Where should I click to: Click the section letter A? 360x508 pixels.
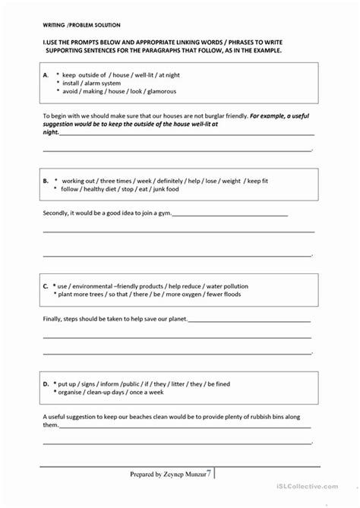46,74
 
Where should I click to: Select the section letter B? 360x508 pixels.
46,181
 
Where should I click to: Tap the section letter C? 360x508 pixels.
46,286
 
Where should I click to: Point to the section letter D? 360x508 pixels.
46,385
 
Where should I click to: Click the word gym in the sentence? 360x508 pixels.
166,214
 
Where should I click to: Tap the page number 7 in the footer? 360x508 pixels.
209,494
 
